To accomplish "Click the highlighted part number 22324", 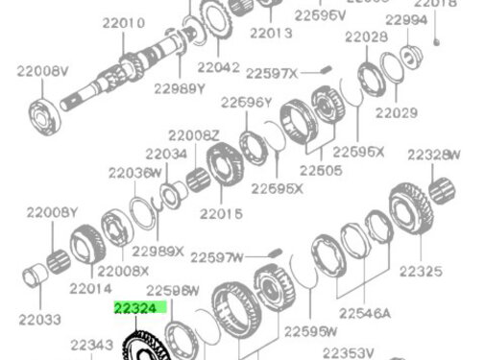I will [140, 308].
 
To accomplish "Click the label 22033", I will [39, 318].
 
